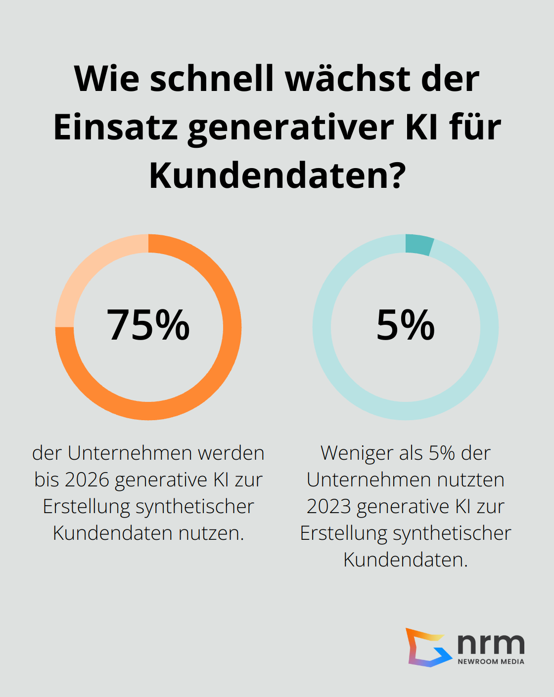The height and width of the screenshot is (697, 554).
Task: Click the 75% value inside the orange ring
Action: tap(148, 325)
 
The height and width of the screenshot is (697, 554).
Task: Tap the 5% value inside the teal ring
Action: tap(406, 325)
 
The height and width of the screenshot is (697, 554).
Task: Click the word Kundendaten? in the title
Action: tap(277, 175)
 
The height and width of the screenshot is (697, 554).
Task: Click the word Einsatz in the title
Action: tap(115, 128)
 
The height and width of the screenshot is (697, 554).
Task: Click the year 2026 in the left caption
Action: tap(87, 479)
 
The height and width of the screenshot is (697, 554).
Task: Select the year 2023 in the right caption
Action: tap(328, 506)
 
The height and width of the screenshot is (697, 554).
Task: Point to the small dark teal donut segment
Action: tap(419, 244)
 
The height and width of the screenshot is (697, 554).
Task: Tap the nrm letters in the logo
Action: tap(490, 643)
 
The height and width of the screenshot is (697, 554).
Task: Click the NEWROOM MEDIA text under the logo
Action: tap(491, 661)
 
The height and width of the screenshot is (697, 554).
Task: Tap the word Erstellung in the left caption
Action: tap(87, 506)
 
